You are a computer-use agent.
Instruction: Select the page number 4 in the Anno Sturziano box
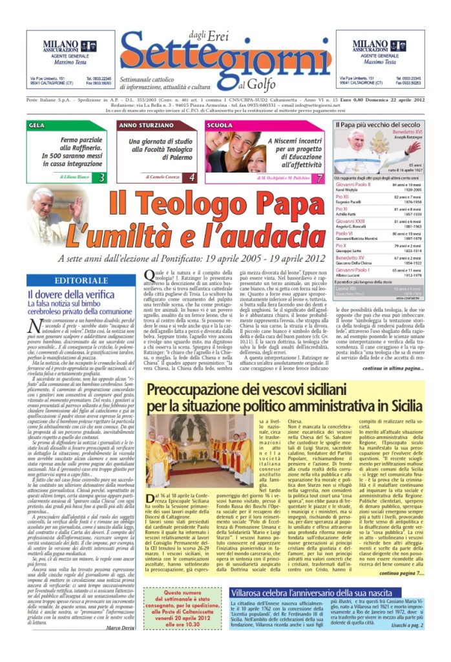click(x=192, y=176)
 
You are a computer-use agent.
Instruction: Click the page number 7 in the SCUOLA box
click(x=319, y=177)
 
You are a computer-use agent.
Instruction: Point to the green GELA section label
click(x=37, y=125)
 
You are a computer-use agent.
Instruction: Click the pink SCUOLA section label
click(x=220, y=125)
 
